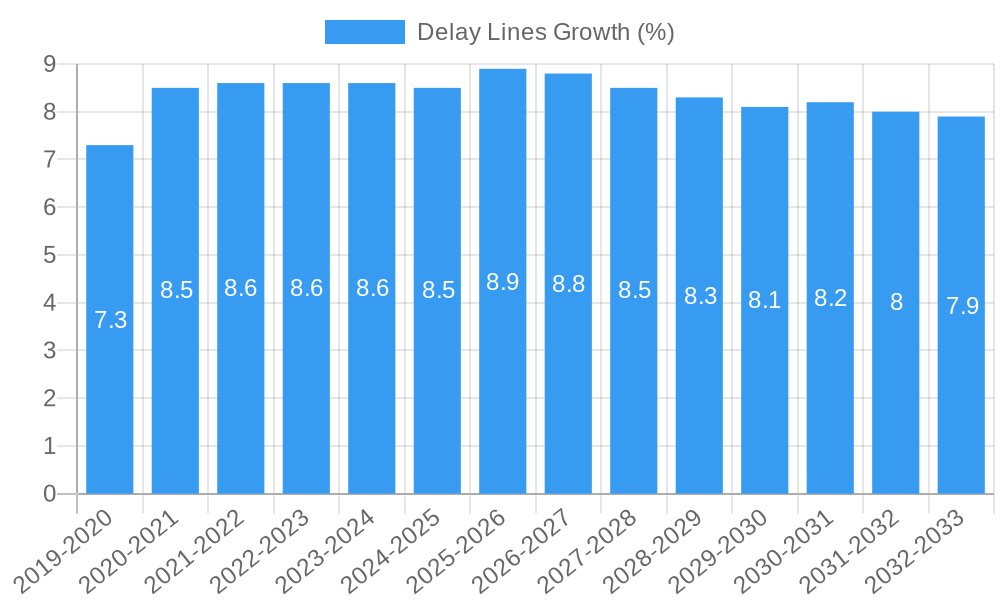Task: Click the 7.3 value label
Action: click(110, 320)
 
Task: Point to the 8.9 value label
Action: click(503, 282)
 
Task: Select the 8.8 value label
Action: click(568, 284)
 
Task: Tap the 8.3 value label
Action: click(700, 296)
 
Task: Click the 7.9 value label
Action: click(962, 306)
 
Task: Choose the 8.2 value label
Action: click(831, 298)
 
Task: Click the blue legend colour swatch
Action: click(365, 32)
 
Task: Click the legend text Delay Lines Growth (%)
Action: click(545, 32)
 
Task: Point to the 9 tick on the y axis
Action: click(49, 64)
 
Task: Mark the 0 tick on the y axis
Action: click(49, 494)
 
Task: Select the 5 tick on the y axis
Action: click(49, 255)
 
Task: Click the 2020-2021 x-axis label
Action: click(131, 550)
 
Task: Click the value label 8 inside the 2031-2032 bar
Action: click(896, 302)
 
